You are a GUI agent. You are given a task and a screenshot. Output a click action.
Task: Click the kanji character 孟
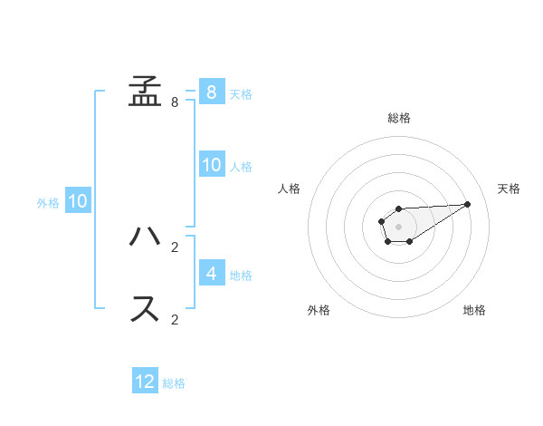[145, 91]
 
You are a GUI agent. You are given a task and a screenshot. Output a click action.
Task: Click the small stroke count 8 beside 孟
[175, 102]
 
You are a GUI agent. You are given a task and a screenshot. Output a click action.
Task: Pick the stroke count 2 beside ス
[175, 320]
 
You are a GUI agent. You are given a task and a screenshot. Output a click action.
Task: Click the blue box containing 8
[211, 92]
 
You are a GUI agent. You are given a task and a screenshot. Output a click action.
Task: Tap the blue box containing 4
[211, 273]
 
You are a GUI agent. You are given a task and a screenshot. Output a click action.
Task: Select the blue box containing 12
[145, 382]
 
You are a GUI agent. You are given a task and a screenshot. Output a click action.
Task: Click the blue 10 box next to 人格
[211, 164]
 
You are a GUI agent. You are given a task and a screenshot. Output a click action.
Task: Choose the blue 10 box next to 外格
[77, 201]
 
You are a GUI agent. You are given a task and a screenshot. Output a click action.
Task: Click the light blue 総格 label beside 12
[174, 383]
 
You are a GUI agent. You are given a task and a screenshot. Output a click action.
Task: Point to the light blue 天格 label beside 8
[241, 93]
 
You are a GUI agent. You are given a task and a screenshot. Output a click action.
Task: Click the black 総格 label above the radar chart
[398, 118]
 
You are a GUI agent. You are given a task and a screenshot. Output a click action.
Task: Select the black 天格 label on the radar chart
[510, 189]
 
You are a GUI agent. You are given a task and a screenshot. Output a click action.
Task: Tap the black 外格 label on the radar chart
[319, 310]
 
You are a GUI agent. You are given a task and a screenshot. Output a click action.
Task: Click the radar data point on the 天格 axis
[467, 204]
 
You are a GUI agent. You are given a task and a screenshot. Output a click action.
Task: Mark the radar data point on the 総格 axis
[398, 209]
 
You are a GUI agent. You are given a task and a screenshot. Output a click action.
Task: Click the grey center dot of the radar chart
[398, 226]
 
